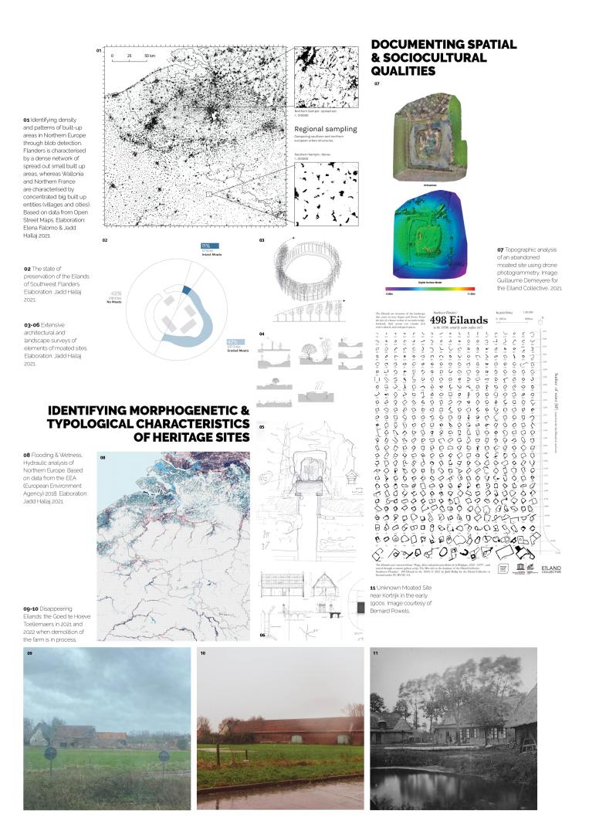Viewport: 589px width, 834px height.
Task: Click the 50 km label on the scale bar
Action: pos(149,56)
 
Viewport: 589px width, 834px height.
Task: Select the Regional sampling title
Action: pos(326,129)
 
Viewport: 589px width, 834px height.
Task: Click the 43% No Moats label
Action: pos(117,295)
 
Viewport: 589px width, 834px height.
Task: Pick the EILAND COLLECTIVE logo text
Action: pos(552,568)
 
